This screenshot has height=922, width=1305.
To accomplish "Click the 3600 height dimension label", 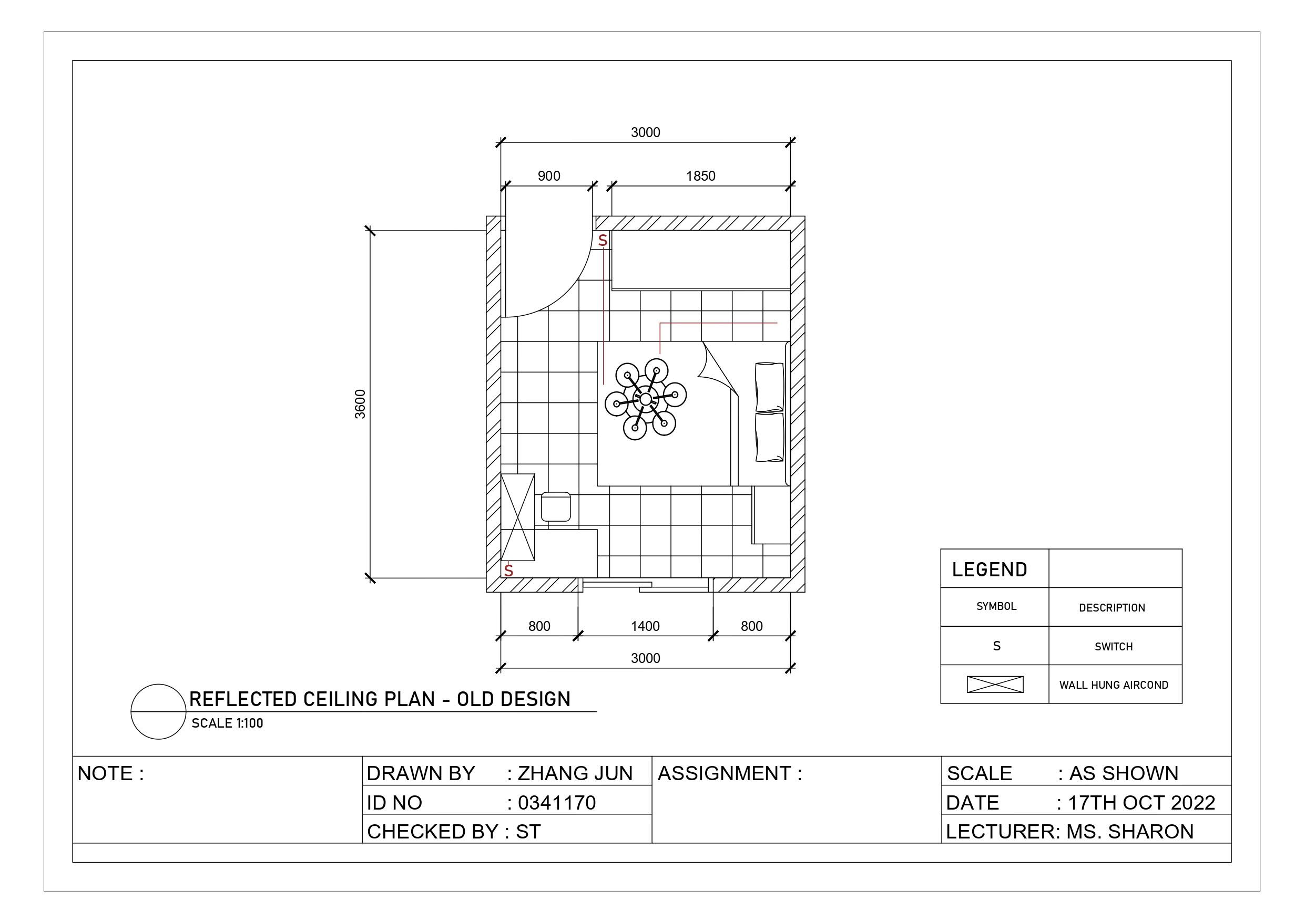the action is pyautogui.click(x=360, y=404).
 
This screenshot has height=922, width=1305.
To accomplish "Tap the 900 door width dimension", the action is pyautogui.click(x=549, y=176).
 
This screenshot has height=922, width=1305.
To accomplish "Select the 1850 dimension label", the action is pyautogui.click(x=700, y=176).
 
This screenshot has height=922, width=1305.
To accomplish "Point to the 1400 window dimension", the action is pyautogui.click(x=645, y=626).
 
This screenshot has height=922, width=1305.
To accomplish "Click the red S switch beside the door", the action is pyautogui.click(x=603, y=241).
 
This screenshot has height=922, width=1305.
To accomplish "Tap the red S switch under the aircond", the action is pyautogui.click(x=509, y=571).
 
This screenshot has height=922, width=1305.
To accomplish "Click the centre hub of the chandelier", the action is pyautogui.click(x=645, y=399).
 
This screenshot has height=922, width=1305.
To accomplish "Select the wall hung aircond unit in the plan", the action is pyautogui.click(x=518, y=517).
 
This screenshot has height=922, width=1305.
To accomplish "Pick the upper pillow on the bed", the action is pyautogui.click(x=770, y=387).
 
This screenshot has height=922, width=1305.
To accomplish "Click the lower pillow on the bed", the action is pyautogui.click(x=770, y=437).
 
